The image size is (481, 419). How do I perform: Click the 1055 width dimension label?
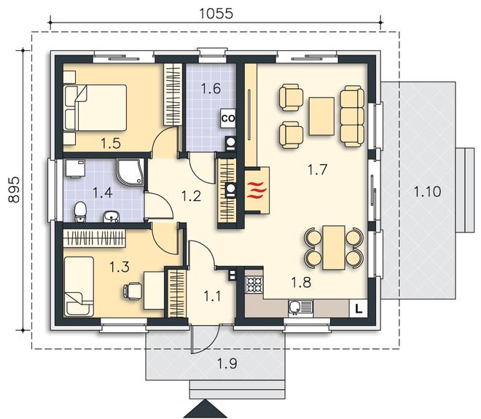[216, 13]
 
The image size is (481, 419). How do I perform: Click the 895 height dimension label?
[14, 189]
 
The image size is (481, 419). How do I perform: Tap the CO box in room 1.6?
[228, 118]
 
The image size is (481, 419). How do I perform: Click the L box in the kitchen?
[359, 308]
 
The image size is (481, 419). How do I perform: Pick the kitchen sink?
[300, 308]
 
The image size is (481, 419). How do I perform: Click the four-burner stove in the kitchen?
[254, 284]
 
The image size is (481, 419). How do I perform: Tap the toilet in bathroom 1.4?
[80, 211]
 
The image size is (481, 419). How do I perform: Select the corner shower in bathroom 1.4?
[130, 172]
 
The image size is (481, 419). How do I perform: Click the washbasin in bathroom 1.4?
[112, 216]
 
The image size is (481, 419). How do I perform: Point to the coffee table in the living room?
[321, 116]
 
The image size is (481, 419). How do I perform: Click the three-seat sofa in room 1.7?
[352, 116]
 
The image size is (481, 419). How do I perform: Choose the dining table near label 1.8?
[334, 248]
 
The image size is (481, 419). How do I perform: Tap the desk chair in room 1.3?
[132, 291]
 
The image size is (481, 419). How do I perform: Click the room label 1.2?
[191, 196]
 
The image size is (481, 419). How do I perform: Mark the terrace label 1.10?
[427, 192]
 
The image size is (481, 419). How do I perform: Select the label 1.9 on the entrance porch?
[227, 364]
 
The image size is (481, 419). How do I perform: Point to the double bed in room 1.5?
[95, 108]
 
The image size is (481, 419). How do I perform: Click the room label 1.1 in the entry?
[212, 297]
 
